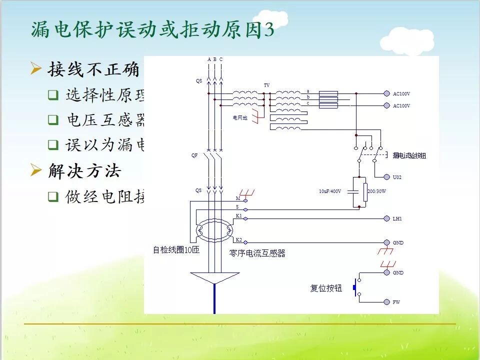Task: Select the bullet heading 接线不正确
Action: (x=93, y=69)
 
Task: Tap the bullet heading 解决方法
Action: (x=84, y=171)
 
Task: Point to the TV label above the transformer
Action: (x=266, y=85)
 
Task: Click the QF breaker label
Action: (x=194, y=155)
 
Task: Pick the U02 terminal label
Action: (x=397, y=177)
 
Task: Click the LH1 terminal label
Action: (x=397, y=219)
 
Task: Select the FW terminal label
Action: (x=396, y=302)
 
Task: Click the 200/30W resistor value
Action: (x=377, y=191)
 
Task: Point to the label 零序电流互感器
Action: (x=257, y=253)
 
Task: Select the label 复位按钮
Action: (x=326, y=288)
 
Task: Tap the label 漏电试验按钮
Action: (x=409, y=156)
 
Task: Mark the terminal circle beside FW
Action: (x=386, y=302)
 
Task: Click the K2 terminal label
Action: (x=238, y=240)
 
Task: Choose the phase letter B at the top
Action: (x=215, y=59)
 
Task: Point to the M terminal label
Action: (x=238, y=198)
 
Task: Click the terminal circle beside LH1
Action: (x=386, y=218)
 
